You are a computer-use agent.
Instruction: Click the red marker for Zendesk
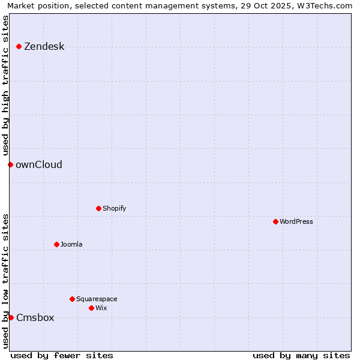[19, 46]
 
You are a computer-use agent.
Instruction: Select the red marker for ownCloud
[10, 164]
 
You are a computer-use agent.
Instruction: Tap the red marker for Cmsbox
[11, 317]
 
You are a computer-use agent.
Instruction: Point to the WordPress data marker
[275, 221]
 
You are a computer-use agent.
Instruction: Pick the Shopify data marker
[98, 208]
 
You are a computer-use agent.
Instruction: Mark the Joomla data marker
[56, 244]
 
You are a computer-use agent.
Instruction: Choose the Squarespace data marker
[72, 299]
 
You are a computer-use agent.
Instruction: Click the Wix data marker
[91, 308]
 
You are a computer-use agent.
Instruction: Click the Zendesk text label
[44, 46]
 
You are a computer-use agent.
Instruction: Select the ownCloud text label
[39, 164]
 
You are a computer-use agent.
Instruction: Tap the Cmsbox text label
[35, 317]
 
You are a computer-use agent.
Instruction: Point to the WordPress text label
[296, 221]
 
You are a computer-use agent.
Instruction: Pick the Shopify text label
[115, 208]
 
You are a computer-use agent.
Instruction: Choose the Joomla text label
[72, 244]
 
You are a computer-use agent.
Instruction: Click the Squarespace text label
[97, 299]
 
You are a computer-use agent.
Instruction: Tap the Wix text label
[101, 308]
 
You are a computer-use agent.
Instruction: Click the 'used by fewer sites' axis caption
[62, 355]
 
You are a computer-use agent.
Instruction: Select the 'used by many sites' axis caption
[301, 355]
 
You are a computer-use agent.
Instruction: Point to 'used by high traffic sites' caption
[5, 85]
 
